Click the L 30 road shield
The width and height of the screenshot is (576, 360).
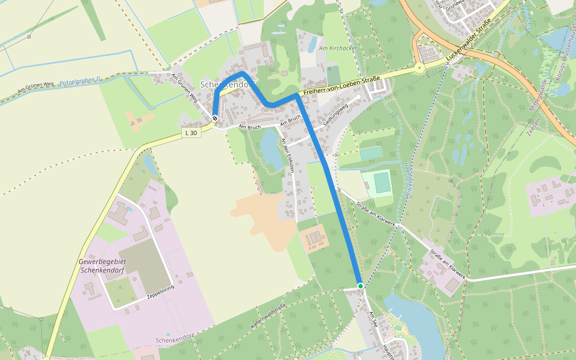(191, 133)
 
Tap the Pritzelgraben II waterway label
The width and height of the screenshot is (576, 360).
(80, 80)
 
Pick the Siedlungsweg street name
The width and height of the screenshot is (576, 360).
(335, 116)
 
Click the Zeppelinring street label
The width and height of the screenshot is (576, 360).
(160, 292)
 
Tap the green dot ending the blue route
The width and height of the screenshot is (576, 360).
(361, 286)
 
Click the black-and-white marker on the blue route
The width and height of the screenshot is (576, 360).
(215, 118)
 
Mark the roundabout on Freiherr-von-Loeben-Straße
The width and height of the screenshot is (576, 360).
(419, 68)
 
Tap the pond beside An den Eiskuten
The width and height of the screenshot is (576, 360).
(271, 153)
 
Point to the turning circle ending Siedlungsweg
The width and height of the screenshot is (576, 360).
(358, 97)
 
